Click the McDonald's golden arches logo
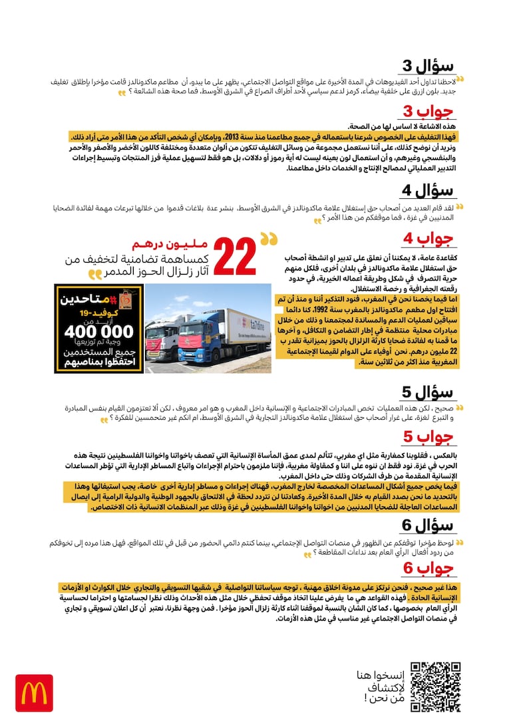point(33,693)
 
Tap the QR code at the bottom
point(435,686)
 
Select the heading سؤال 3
point(429,67)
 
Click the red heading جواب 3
point(429,111)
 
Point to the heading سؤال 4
point(429,192)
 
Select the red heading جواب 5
point(429,437)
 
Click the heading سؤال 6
point(429,525)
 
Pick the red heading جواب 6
point(429,568)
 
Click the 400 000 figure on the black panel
point(98,331)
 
